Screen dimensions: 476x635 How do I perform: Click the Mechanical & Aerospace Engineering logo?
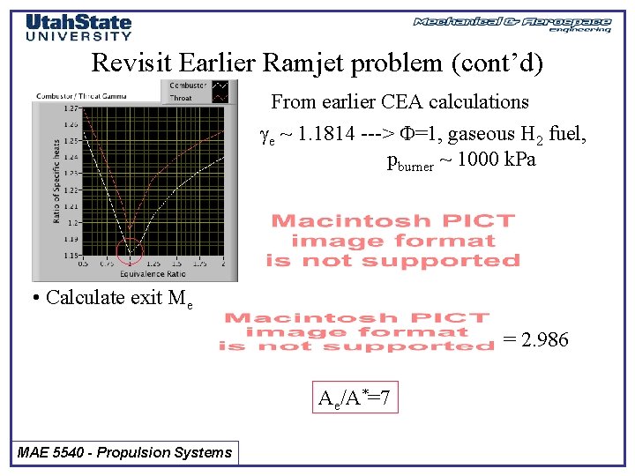click(512, 24)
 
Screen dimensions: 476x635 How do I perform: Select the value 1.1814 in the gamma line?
click(328, 134)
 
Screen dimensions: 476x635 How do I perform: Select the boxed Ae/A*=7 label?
click(353, 400)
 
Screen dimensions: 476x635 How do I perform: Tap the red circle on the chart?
click(130, 250)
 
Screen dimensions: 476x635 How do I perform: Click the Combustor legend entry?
click(186, 86)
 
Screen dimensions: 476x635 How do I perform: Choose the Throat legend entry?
click(182, 98)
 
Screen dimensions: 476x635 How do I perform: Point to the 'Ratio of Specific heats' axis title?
click(56, 181)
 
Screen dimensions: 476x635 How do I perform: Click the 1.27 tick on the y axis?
click(71, 108)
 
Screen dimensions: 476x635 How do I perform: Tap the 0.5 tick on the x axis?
click(84, 263)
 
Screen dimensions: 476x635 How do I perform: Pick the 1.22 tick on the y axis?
click(71, 190)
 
